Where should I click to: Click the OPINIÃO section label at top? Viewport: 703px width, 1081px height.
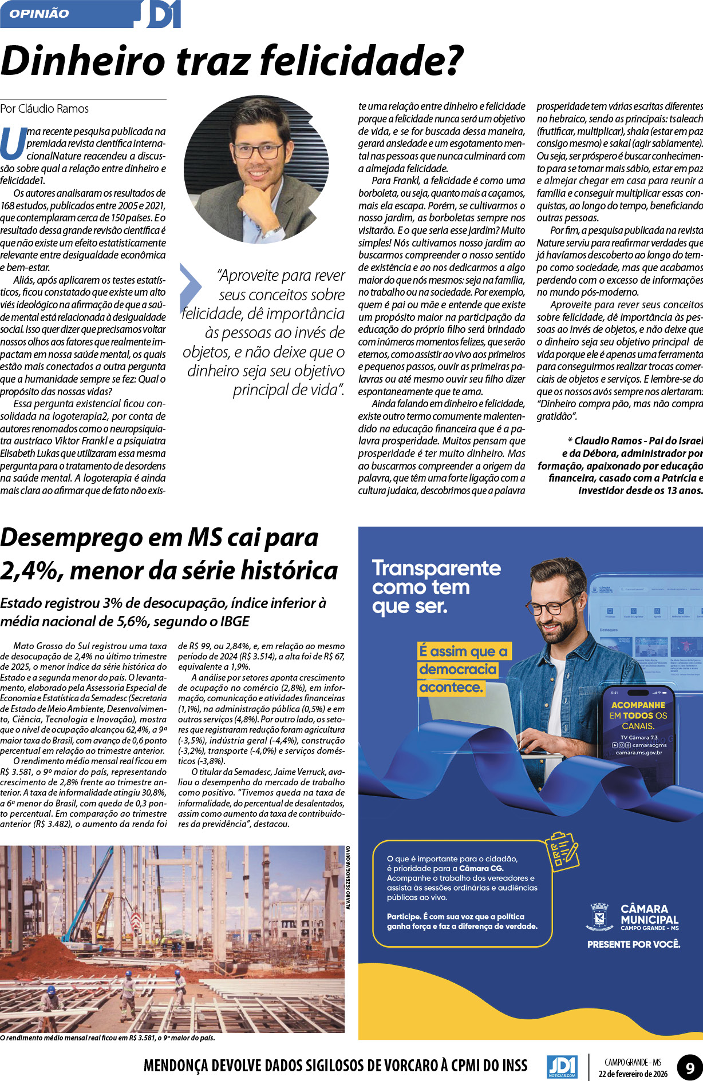(39, 14)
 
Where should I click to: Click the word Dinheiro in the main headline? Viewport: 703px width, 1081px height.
(83, 61)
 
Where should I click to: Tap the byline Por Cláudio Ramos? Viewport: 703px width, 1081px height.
(45, 109)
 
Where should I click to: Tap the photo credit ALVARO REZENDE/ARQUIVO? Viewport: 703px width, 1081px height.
(348, 877)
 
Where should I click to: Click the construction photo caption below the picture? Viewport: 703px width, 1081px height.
(108, 1038)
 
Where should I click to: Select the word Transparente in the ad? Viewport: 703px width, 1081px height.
(436, 568)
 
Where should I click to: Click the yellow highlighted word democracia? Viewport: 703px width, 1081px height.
(457, 669)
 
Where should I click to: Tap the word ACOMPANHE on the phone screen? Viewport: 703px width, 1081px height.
(638, 705)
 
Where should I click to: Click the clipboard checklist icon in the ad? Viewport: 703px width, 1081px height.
(562, 852)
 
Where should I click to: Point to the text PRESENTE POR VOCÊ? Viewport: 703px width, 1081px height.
(633, 944)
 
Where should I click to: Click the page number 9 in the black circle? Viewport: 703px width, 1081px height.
(689, 1067)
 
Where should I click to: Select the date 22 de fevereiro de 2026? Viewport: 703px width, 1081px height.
(633, 1074)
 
